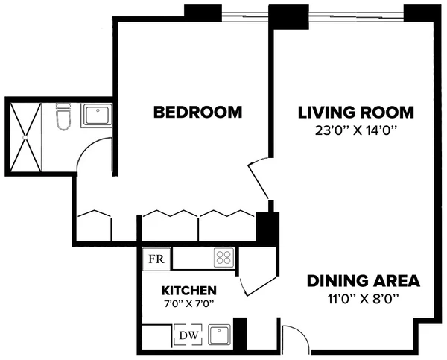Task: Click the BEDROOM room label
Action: [x=197, y=113]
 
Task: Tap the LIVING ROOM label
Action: [x=355, y=113]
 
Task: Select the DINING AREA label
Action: [x=364, y=281]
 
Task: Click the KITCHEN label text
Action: [x=189, y=290]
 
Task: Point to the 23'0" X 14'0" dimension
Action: [x=355, y=131]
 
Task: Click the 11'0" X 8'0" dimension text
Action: [x=364, y=300]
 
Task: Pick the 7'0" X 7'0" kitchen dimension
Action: [x=189, y=304]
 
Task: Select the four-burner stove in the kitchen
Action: [x=223, y=258]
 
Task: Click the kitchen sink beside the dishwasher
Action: [x=220, y=335]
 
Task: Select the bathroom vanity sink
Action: [x=96, y=116]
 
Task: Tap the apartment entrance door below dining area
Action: [x=293, y=339]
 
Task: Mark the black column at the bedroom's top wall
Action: [x=202, y=12]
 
